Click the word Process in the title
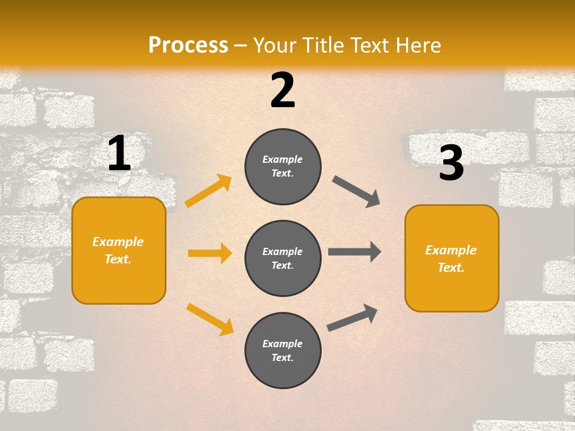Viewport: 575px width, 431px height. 188,45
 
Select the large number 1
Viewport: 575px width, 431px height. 119,153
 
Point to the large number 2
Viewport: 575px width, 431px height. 283,90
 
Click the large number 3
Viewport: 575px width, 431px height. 451,163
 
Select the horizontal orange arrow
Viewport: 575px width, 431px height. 210,253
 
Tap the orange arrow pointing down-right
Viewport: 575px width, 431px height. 210,318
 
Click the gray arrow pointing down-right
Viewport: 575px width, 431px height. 356,192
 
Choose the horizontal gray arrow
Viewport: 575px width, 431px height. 355,252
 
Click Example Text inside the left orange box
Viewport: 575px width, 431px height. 118,250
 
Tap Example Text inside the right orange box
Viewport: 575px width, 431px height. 451,259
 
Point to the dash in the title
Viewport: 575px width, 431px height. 240,45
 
